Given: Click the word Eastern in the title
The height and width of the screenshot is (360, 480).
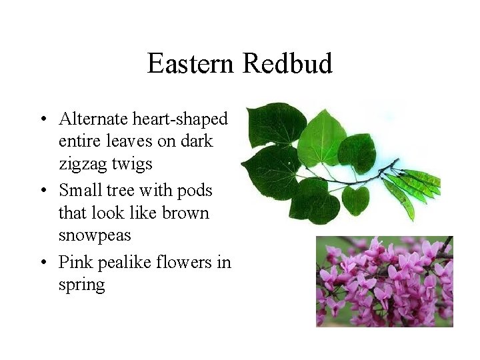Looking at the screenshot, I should pos(191,64).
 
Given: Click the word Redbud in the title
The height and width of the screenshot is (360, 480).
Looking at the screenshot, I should pos(287,64).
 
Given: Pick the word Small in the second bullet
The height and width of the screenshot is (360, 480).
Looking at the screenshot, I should pos(79,190).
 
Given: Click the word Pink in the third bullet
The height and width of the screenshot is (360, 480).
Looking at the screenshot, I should pos(75,262).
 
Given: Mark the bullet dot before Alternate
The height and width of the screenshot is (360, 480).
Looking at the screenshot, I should pos(43,121).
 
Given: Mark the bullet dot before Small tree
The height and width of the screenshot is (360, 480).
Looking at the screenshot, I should pos(43,191).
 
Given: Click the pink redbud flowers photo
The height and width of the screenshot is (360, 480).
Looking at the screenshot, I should pos(384,281).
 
